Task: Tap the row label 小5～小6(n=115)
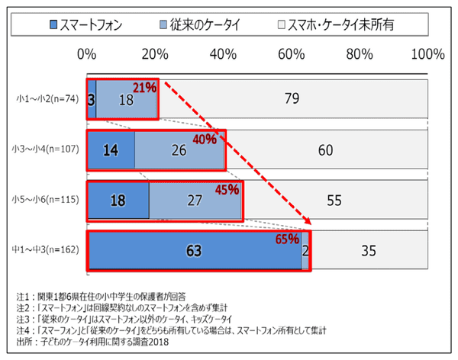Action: coord(46,199)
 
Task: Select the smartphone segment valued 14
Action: coord(111,150)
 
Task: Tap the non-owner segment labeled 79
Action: coord(291,98)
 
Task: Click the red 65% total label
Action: coord(287,239)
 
